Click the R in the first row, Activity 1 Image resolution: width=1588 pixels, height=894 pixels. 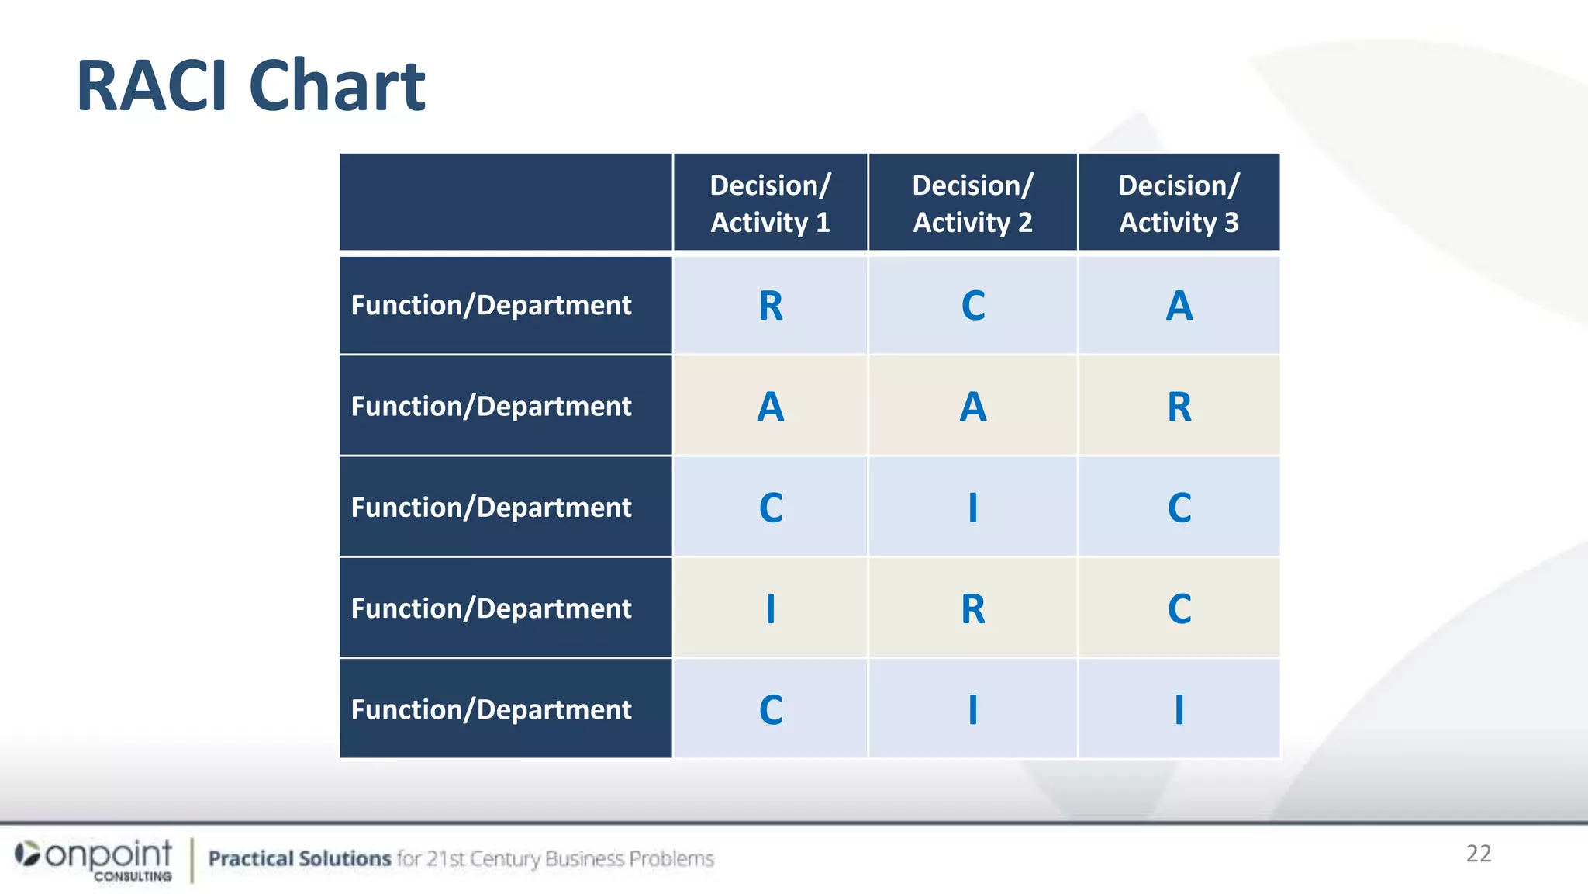pos(771,306)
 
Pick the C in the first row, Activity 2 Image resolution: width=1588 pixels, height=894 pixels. pos(973,306)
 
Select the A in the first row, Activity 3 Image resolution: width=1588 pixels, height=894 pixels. pos(1179,306)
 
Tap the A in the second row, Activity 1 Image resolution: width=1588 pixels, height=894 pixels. pos(771,407)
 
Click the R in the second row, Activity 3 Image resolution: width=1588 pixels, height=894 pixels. pos(1179,407)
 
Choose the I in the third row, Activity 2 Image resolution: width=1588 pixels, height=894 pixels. pos(973,508)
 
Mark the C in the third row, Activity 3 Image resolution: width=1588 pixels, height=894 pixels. pos(1179,508)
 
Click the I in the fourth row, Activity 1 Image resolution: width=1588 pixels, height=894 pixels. pos(771,608)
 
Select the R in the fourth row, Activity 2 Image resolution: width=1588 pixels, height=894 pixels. pos(973,608)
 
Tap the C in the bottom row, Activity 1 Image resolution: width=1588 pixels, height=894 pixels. pos(771,709)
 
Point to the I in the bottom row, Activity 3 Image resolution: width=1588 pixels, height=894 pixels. pos(1179,709)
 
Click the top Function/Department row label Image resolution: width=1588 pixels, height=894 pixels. pos(491,306)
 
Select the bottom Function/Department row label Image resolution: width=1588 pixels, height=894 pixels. pos(491,709)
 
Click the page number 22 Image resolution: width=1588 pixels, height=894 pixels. pos(1478,854)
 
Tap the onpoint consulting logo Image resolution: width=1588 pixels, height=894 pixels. pos(95,858)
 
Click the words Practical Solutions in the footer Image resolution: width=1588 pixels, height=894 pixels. pos(299,858)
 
